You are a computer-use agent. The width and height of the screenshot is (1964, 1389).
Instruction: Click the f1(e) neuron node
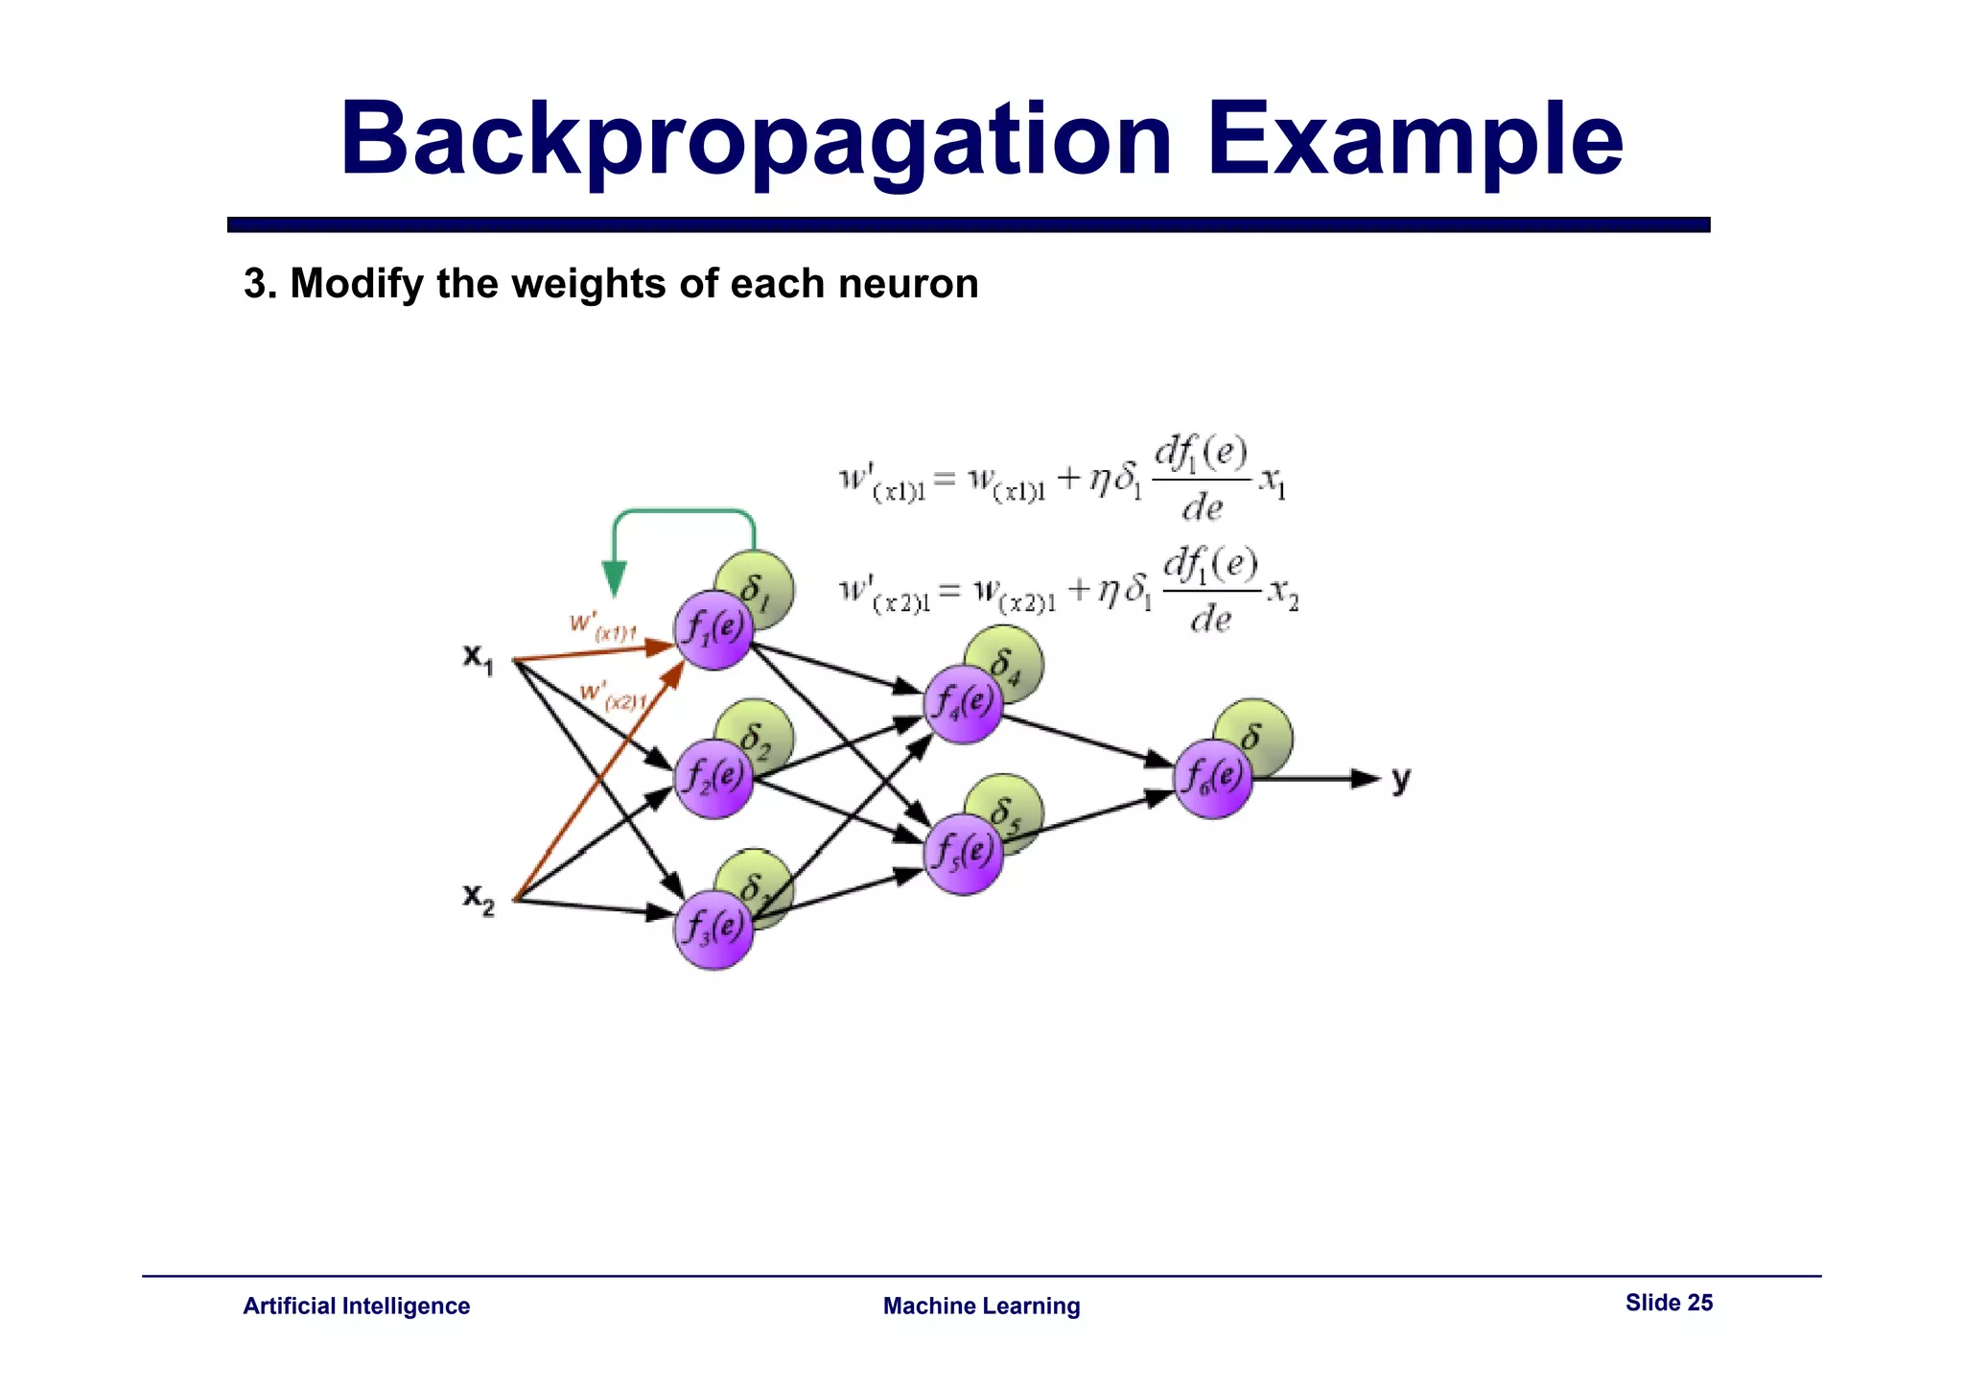pyautogui.click(x=713, y=630)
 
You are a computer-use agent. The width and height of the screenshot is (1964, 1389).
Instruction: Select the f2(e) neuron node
pyautogui.click(x=713, y=778)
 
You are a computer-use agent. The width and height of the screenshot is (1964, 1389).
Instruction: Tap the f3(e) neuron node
pyautogui.click(x=713, y=929)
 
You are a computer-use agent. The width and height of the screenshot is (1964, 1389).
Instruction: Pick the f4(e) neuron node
pyautogui.click(x=963, y=704)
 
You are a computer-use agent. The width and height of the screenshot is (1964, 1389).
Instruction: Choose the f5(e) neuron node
pyautogui.click(x=963, y=854)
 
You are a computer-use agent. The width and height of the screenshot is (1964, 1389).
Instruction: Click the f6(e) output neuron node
pyautogui.click(x=1212, y=778)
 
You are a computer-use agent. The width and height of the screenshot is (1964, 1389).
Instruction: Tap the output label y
pyautogui.click(x=1401, y=779)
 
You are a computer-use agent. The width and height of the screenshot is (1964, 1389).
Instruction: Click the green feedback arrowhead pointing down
pyautogui.click(x=614, y=578)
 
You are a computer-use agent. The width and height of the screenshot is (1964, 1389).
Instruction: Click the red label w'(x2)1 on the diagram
pyautogui.click(x=614, y=695)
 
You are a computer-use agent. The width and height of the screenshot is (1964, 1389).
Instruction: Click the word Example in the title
pyautogui.click(x=1415, y=141)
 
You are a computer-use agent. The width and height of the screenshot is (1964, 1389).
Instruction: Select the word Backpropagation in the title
pyautogui.click(x=756, y=141)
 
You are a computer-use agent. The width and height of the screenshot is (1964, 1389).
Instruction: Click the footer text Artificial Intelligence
pyautogui.click(x=356, y=1306)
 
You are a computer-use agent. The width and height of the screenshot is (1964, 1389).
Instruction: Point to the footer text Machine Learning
pyautogui.click(x=981, y=1306)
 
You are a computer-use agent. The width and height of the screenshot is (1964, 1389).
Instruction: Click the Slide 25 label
pyautogui.click(x=1668, y=1303)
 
